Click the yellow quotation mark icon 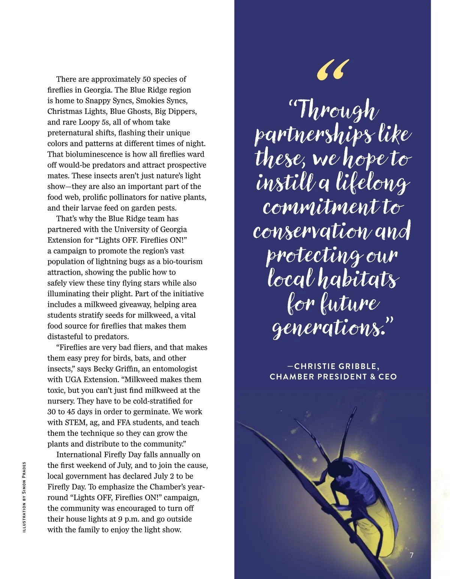coord(333,70)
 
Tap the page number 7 coord(411,555)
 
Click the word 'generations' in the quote coord(326,328)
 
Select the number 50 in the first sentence coord(147,79)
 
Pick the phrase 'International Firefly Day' coord(99,454)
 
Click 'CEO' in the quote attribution coord(388,376)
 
